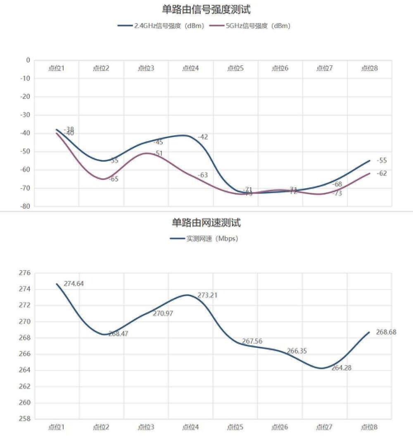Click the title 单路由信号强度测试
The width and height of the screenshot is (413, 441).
point(206,9)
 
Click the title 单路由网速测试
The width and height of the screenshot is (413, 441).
point(206,223)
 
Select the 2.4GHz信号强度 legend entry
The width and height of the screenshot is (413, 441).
point(161,26)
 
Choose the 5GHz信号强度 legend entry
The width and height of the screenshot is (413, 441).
point(250,26)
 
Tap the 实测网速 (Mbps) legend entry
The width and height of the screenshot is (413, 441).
point(204,238)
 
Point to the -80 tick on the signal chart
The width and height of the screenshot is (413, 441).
point(26,206)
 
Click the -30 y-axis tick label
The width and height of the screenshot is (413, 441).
point(26,115)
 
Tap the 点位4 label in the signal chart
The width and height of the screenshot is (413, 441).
point(190,68)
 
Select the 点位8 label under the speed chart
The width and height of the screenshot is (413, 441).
point(369,427)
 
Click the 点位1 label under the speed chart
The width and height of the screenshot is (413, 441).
point(57,427)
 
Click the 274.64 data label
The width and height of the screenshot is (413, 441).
point(74,284)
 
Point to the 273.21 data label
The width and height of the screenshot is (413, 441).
point(207,295)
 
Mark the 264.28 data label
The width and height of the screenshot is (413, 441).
point(341,368)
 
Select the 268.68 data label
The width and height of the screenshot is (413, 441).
point(386,332)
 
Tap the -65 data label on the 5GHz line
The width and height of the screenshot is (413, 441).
point(114,179)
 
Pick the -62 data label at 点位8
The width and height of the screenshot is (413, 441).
point(382,173)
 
